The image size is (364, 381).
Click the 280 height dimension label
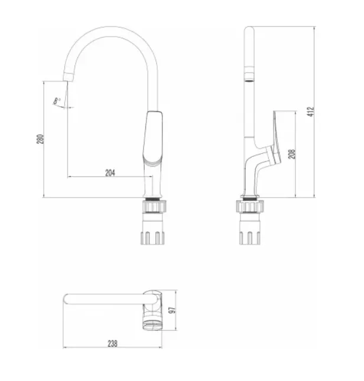point(40,139)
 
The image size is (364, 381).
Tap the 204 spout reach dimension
point(110,173)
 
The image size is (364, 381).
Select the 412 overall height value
point(311,112)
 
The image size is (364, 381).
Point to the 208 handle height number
point(292,154)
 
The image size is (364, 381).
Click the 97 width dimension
point(172,310)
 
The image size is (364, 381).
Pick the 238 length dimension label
point(112,344)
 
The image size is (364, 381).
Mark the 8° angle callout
point(57,101)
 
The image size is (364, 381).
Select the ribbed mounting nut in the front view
point(153,206)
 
